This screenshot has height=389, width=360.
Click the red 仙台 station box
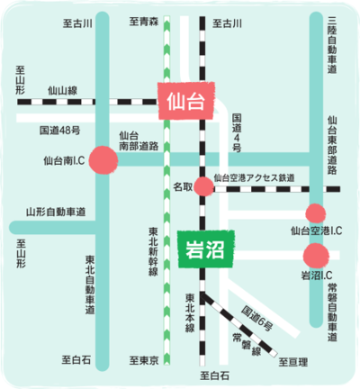pyautogui.click(x=186, y=101)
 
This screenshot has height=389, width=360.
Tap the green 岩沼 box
pyautogui.click(x=205, y=249)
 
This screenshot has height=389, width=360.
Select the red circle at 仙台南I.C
pyautogui.click(x=103, y=160)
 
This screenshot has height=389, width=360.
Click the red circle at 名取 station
pyautogui.click(x=204, y=186)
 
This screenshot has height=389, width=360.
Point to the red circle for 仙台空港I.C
pyautogui.click(x=316, y=213)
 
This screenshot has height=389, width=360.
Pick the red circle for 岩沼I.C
pyautogui.click(x=316, y=256)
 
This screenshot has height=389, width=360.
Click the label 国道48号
pyautogui.click(x=60, y=131)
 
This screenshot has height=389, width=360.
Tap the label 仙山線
pyautogui.click(x=63, y=90)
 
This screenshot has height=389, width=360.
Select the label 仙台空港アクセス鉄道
pyautogui.click(x=254, y=177)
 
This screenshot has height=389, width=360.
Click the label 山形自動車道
pyautogui.click(x=56, y=212)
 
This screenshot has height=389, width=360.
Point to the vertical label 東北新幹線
pyautogui.click(x=153, y=251)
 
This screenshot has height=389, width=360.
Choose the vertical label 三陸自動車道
pyautogui.click(x=332, y=45)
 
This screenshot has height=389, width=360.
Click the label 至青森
pyautogui.click(x=144, y=22)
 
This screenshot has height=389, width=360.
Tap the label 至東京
pyautogui.click(x=144, y=360)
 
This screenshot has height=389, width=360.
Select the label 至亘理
pyautogui.click(x=293, y=362)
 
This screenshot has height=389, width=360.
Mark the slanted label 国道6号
pyautogui.click(x=257, y=318)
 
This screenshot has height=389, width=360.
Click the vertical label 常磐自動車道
pyautogui.click(x=332, y=312)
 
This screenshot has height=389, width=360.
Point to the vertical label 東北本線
pyautogui.click(x=190, y=312)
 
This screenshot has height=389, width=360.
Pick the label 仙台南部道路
pyautogui.click(x=139, y=140)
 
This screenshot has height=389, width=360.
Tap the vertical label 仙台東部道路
pyautogui.click(x=332, y=145)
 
